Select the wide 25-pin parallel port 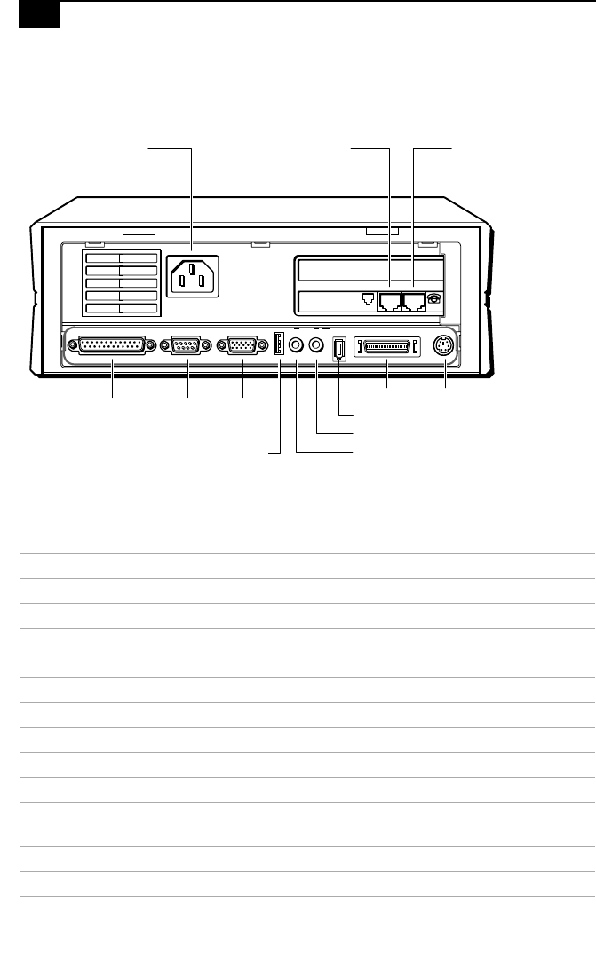(x=112, y=347)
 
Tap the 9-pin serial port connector (x=186, y=347)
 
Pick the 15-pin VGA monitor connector (x=242, y=347)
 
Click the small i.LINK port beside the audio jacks (x=338, y=347)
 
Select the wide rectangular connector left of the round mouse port (x=386, y=347)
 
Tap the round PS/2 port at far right (x=444, y=347)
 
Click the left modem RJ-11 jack (x=389, y=301)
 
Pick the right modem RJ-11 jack (x=413, y=301)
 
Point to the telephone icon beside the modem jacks (x=433, y=300)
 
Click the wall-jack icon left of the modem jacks (x=370, y=300)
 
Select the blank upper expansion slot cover (x=369, y=271)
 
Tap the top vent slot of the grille (x=121, y=257)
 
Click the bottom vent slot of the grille (x=121, y=308)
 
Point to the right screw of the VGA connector (x=264, y=347)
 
